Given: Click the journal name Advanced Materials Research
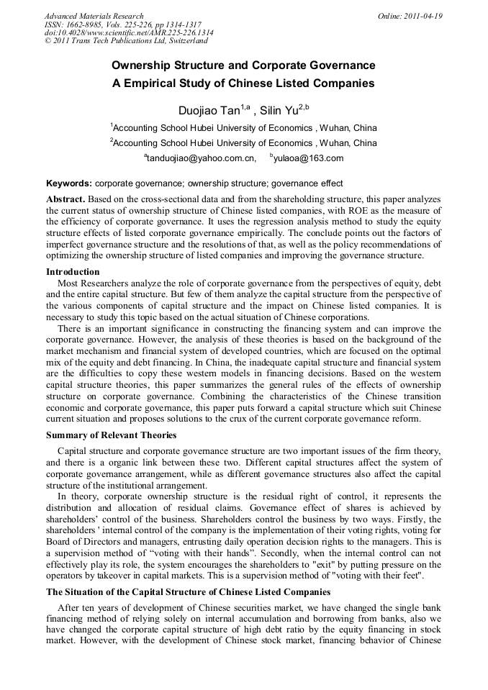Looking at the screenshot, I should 94,16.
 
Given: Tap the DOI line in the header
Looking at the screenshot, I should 129,33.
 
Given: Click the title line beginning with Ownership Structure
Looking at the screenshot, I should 243,65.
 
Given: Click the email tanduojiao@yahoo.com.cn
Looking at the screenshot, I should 202,158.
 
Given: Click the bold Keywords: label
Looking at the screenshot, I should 69,183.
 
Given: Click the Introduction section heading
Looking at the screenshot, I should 73,272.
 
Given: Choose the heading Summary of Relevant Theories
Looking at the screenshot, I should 112,435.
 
